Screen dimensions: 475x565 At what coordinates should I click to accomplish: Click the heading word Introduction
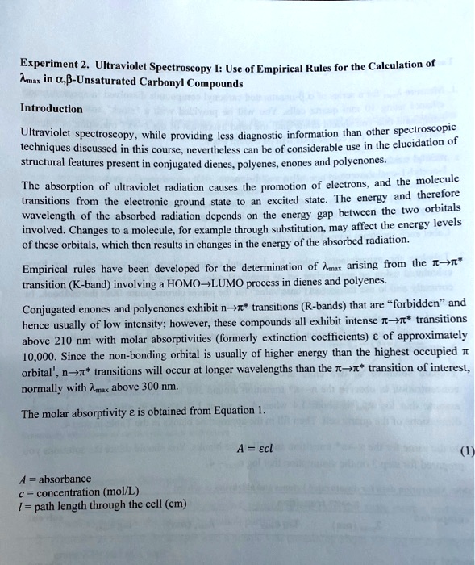coord(52,108)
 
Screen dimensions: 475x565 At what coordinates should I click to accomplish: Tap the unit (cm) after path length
coord(173,505)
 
